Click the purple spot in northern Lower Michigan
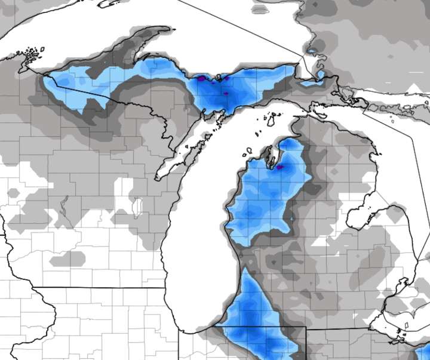click(x=278, y=167)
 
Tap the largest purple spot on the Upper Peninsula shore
click(x=202, y=78)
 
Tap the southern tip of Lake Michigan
click(x=197, y=332)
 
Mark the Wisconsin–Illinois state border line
click(x=107, y=287)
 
